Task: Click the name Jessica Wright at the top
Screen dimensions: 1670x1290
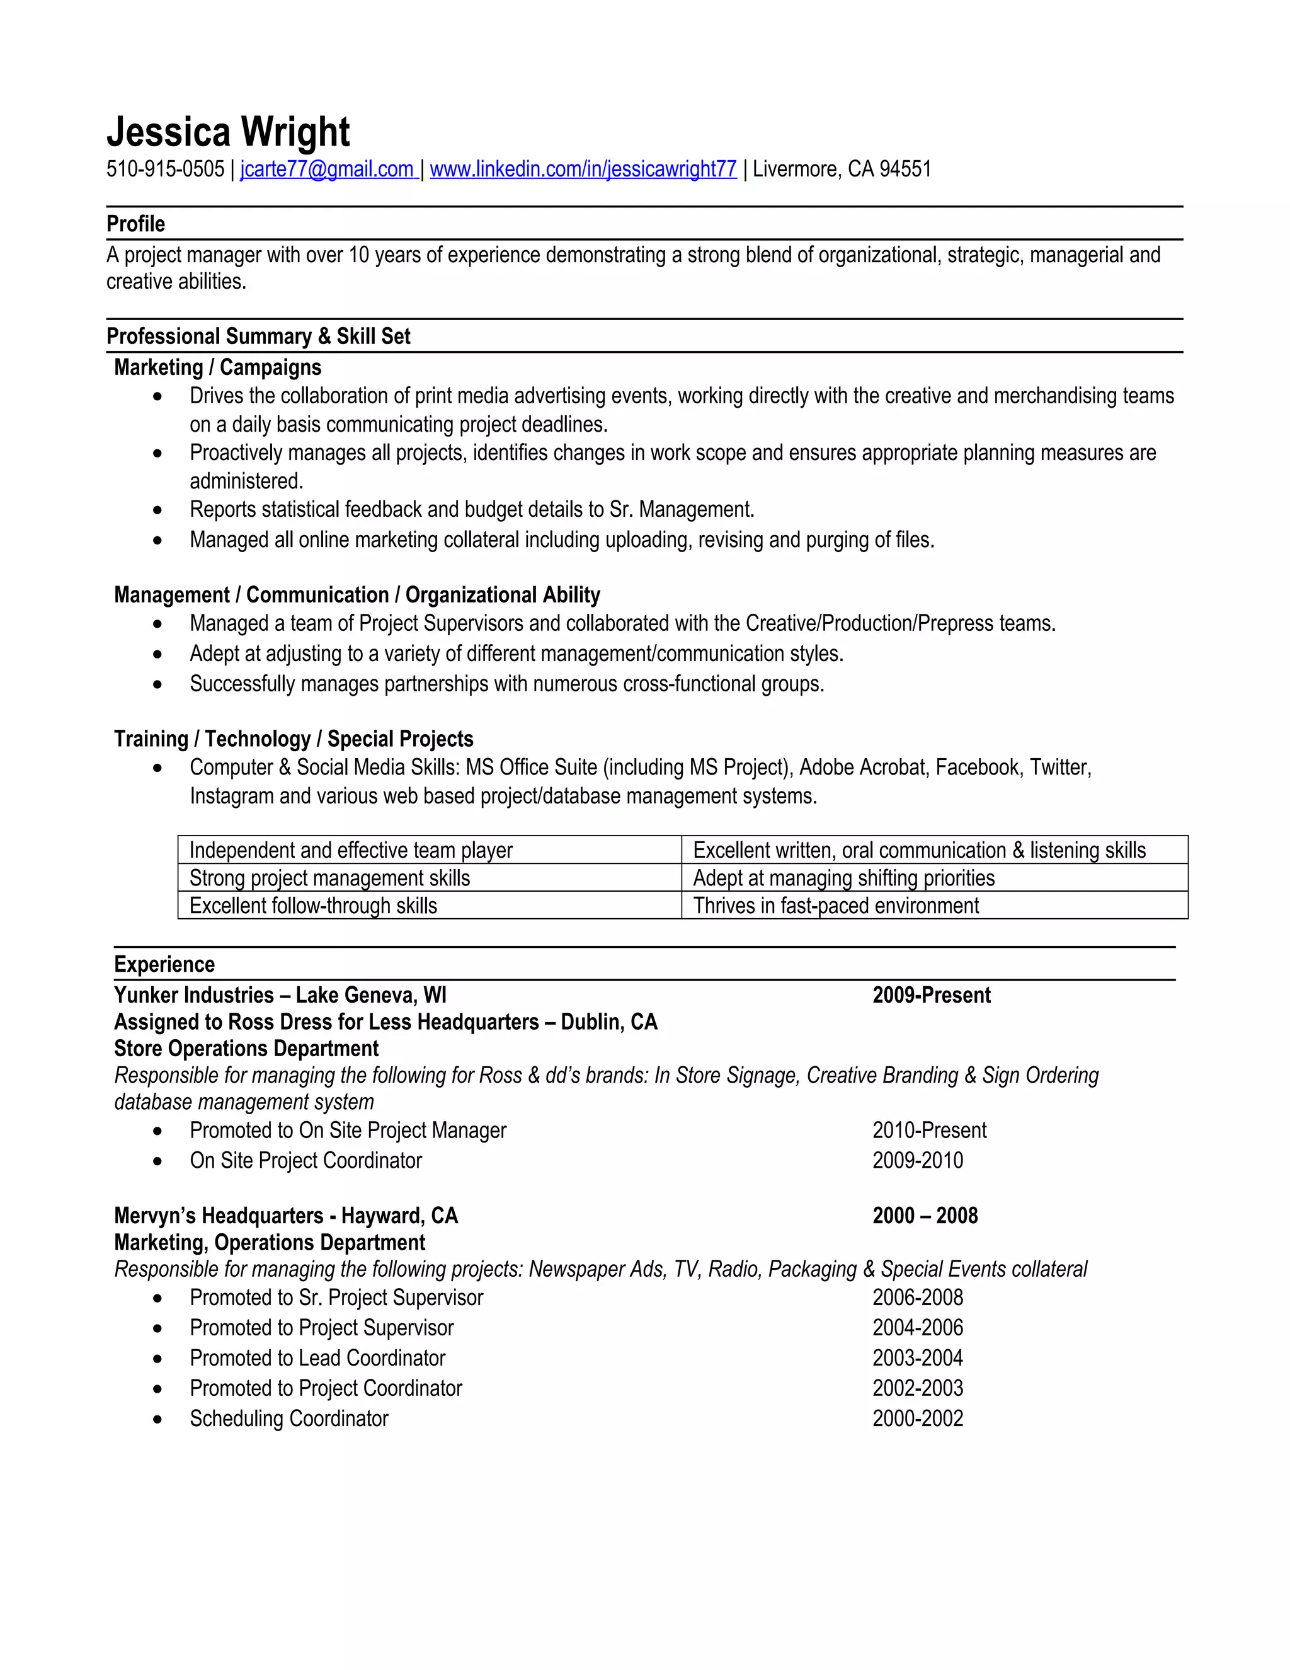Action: coord(228,132)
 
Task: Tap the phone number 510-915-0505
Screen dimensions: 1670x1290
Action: coord(165,169)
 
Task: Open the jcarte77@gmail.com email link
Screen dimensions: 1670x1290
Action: coord(326,169)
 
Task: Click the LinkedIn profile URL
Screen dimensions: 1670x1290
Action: coord(583,169)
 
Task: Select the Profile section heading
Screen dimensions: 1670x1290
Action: coord(135,224)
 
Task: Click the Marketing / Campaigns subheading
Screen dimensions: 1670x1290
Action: coord(217,368)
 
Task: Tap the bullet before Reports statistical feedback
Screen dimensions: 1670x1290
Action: coord(157,510)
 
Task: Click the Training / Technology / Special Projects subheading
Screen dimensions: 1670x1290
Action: coord(294,739)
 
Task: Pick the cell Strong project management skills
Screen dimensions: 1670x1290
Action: coord(329,878)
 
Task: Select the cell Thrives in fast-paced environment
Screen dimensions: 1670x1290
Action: coord(835,906)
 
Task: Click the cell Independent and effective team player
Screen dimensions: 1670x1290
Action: coord(351,850)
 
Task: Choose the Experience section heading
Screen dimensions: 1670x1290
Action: coord(164,964)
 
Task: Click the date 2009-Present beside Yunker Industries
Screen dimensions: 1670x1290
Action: coord(931,996)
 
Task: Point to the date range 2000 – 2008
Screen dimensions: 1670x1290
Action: coord(925,1216)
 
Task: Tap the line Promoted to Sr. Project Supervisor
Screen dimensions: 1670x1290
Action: coord(336,1298)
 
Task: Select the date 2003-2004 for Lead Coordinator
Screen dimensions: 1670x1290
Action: coord(917,1358)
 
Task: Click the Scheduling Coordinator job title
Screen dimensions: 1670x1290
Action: coord(289,1419)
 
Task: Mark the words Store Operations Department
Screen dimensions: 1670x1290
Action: coord(246,1049)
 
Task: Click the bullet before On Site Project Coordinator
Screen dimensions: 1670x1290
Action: coord(157,1161)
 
